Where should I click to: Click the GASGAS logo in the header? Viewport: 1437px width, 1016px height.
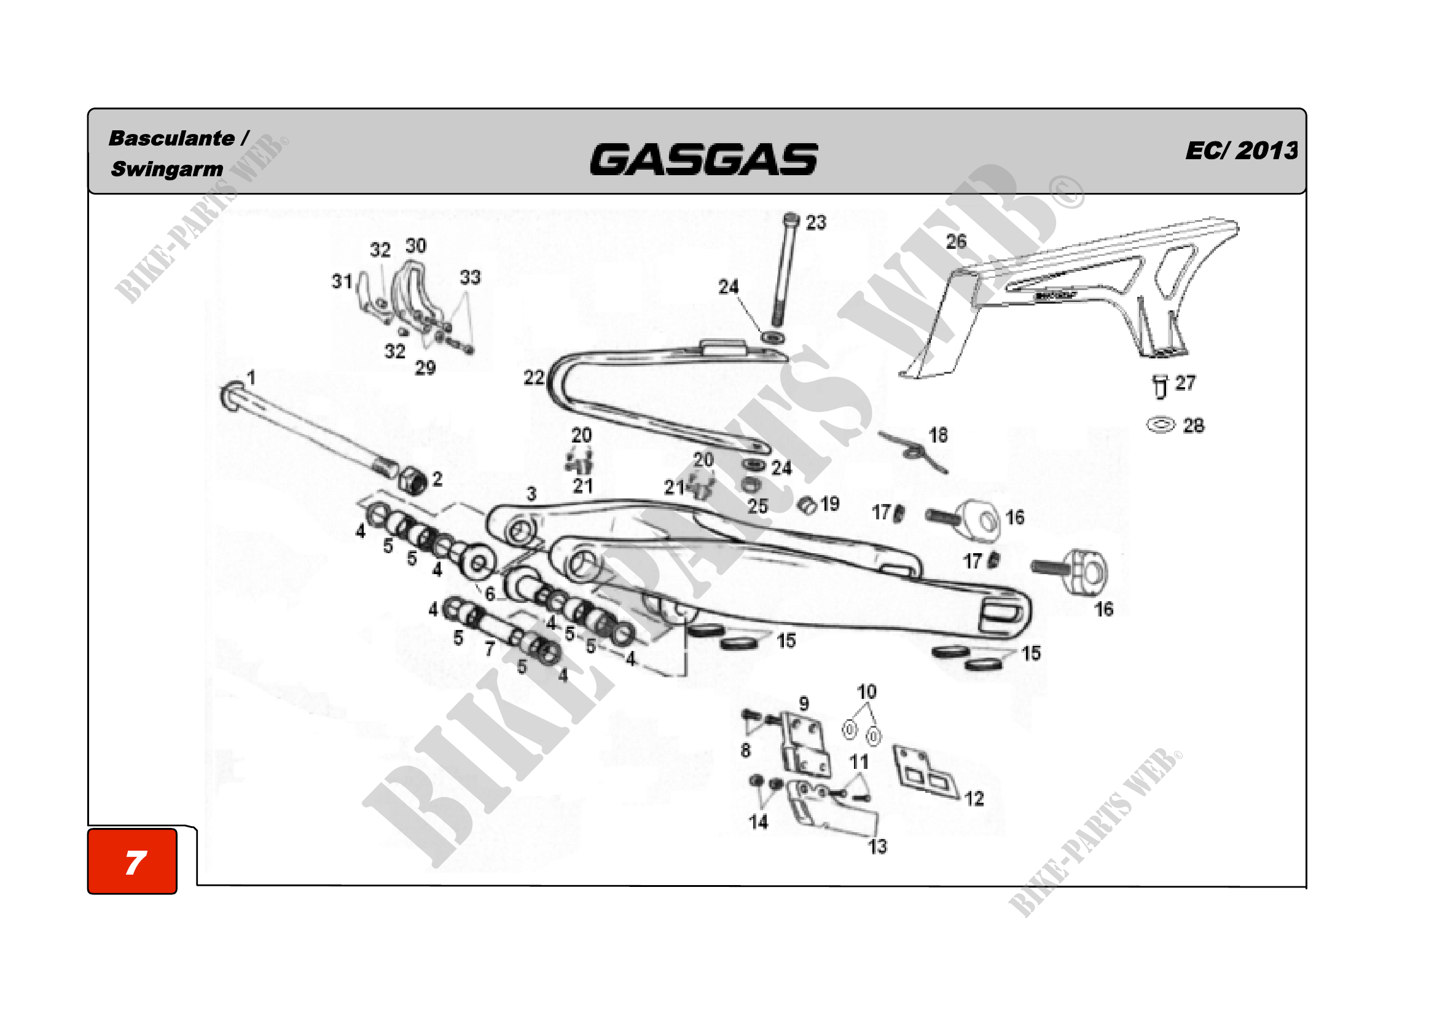tap(703, 159)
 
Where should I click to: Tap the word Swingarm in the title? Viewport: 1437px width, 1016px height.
tap(166, 169)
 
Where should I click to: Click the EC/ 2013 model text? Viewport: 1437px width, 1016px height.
tap(1240, 151)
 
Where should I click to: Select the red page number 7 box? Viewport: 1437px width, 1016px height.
tap(133, 862)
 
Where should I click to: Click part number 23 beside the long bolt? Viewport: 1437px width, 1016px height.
tap(815, 222)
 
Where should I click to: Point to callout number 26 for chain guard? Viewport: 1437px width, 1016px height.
tap(956, 242)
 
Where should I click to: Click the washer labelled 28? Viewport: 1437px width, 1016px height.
tap(1161, 425)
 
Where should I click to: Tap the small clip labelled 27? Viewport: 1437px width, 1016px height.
tap(1160, 386)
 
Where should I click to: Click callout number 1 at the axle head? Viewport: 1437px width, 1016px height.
tap(251, 377)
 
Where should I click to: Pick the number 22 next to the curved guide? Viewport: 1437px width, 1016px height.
tap(534, 377)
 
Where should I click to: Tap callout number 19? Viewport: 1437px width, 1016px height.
tap(830, 504)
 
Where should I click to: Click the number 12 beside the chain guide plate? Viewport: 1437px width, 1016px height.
tap(974, 798)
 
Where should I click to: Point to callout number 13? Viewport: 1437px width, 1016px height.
tap(877, 846)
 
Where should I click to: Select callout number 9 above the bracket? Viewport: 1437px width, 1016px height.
tap(804, 704)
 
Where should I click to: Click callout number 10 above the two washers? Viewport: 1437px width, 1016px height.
tap(867, 691)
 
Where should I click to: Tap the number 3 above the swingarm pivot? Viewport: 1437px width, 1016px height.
tap(531, 494)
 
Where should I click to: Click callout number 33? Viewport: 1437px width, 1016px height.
tap(470, 277)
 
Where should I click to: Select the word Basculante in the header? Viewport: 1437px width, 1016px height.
tap(171, 138)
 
